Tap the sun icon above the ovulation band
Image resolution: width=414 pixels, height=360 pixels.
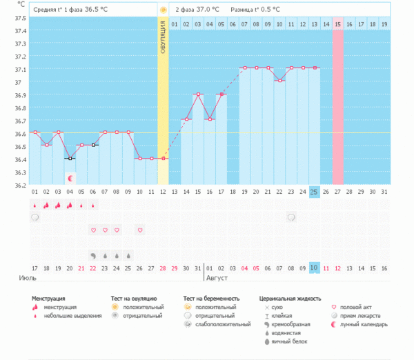pyautogui.click(x=163, y=10)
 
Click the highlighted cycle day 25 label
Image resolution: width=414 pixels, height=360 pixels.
pyautogui.click(x=314, y=192)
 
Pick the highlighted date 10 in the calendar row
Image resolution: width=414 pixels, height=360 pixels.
pyautogui.click(x=314, y=268)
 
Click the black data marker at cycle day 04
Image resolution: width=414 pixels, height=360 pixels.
pyautogui.click(x=70, y=158)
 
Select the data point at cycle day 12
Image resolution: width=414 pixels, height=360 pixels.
pyautogui.click(x=163, y=158)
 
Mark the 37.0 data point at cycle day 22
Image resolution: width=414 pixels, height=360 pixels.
pyautogui.click(x=279, y=81)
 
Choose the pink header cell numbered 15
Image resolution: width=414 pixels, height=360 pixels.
pyautogui.click(x=337, y=24)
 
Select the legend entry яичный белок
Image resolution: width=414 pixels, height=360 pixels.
pyautogui.click(x=286, y=341)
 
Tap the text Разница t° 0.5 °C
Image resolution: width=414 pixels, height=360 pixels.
pyautogui.click(x=256, y=10)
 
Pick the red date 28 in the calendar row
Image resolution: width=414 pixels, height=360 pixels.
pyautogui.click(x=163, y=268)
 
